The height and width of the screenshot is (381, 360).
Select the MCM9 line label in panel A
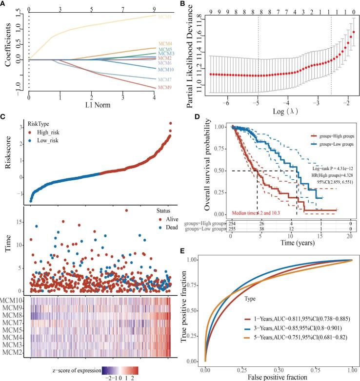pyautogui.click(x=163, y=88)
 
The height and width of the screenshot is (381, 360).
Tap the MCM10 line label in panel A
pyautogui.click(x=164, y=70)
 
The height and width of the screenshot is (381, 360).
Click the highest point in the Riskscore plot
pyautogui.click(x=170, y=124)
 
